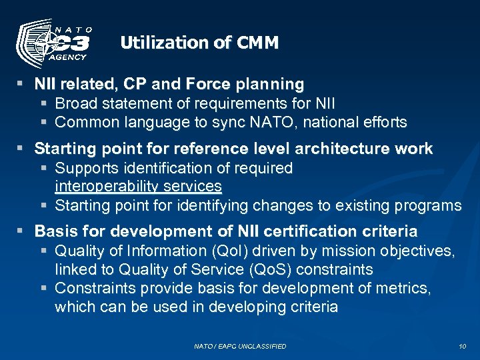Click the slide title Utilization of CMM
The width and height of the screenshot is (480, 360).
click(199, 43)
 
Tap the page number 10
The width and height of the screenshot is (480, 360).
click(463, 346)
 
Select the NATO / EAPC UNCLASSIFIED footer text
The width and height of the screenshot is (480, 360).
click(240, 346)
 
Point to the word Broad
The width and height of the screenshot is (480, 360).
click(75, 103)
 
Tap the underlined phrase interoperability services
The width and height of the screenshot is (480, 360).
click(138, 186)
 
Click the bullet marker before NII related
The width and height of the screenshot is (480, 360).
click(21, 84)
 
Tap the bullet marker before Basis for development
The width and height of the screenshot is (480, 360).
click(21, 231)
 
